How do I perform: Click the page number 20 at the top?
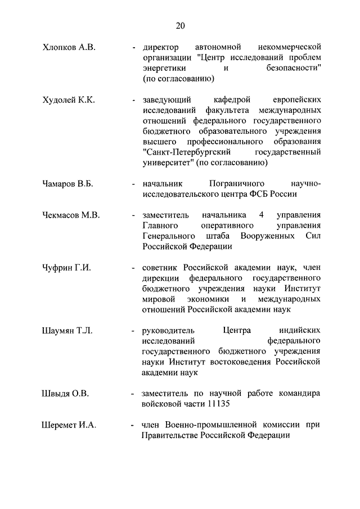pyautogui.click(x=180, y=25)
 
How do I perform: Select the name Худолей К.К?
pyautogui.click(x=69, y=100)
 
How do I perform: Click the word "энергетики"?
pyautogui.click(x=163, y=68)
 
